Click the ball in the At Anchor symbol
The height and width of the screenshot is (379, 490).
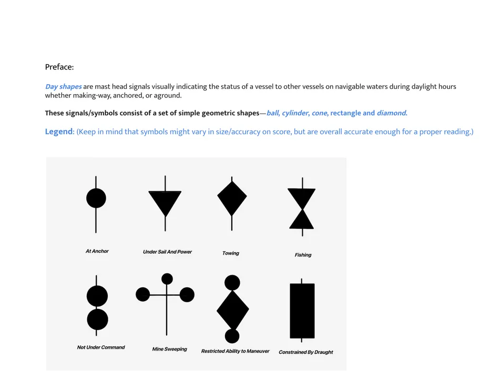click(x=96, y=198)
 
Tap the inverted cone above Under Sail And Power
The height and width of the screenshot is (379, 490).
click(x=165, y=201)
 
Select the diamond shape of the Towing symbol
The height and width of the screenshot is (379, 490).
click(x=232, y=198)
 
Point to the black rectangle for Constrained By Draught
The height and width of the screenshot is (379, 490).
click(x=302, y=311)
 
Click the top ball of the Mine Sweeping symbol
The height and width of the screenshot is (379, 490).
click(x=167, y=278)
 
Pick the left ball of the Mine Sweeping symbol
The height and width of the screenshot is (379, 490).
click(x=143, y=294)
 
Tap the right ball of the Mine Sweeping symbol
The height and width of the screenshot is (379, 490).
click(x=187, y=294)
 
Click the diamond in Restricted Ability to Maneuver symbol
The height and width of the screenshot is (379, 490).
click(x=232, y=310)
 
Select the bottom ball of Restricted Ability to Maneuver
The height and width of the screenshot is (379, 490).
click(x=232, y=336)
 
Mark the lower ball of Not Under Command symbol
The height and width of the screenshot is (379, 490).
click(x=97, y=320)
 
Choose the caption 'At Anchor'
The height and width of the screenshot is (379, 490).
click(x=97, y=251)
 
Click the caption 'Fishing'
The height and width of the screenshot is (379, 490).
click(x=303, y=255)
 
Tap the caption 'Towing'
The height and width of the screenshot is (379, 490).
click(x=231, y=253)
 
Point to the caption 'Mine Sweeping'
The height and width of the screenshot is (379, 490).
click(x=169, y=349)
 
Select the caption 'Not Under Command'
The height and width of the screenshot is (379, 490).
click(x=101, y=347)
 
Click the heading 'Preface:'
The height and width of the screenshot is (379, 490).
click(x=59, y=67)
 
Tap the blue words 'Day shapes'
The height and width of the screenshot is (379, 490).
click(x=63, y=86)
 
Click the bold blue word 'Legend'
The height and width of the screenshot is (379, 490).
click(x=58, y=132)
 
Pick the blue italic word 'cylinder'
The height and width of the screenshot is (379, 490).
click(x=293, y=113)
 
